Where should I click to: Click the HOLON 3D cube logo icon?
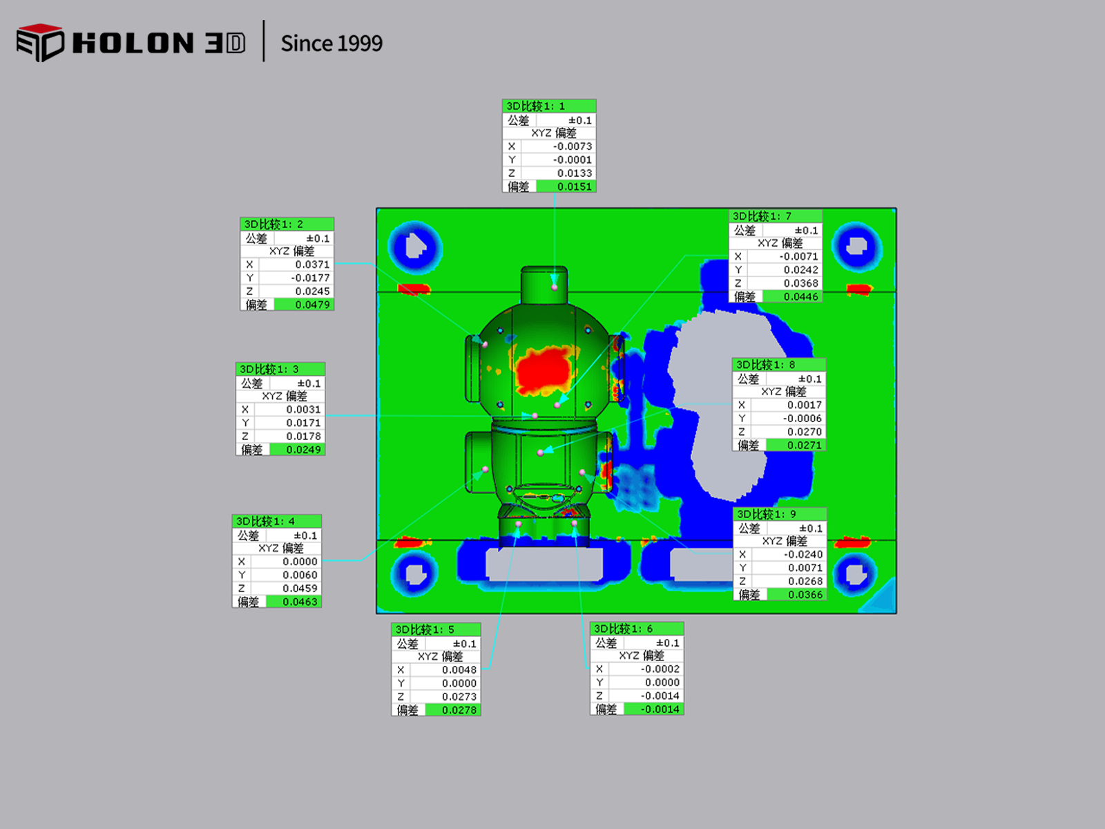tap(40, 43)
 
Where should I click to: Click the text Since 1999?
tap(331, 44)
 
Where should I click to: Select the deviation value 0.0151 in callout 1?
tap(575, 187)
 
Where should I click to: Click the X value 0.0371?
tap(312, 265)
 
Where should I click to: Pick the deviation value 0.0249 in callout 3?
tap(303, 450)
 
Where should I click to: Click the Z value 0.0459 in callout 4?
tap(300, 588)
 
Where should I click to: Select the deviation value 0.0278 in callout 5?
tap(459, 710)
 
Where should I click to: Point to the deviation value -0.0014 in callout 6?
tap(660, 709)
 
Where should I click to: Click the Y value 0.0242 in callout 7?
tap(800, 270)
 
